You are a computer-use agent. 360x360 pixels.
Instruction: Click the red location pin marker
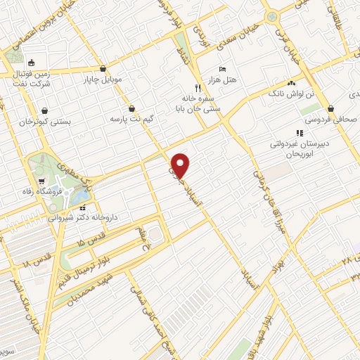pos(181,165)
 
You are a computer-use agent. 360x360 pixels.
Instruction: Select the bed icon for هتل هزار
pos(222,69)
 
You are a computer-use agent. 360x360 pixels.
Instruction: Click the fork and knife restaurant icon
pos(198,88)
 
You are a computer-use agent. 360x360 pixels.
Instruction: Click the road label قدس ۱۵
pos(91,243)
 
